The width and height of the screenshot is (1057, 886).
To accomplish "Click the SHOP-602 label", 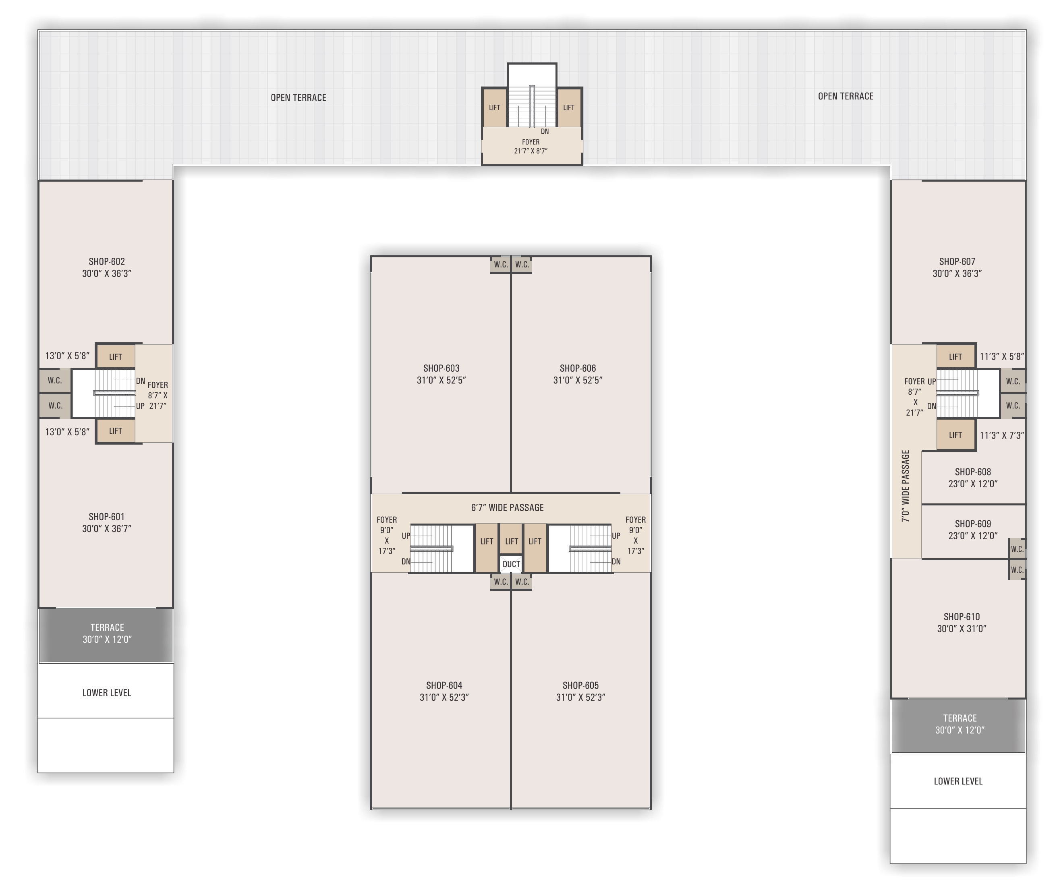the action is pyautogui.click(x=107, y=262).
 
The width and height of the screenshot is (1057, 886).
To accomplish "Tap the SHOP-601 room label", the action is pyautogui.click(x=107, y=517).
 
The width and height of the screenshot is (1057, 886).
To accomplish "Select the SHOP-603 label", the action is pyautogui.click(x=441, y=368).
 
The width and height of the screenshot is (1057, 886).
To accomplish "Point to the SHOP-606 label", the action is pyautogui.click(x=578, y=368).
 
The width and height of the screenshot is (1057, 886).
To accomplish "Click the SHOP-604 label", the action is pyautogui.click(x=444, y=685).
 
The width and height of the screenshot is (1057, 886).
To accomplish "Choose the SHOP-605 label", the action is pyautogui.click(x=580, y=685).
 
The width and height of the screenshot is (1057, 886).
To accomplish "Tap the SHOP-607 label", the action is pyautogui.click(x=957, y=262).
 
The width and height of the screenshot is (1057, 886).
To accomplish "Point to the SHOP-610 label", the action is pyautogui.click(x=962, y=617).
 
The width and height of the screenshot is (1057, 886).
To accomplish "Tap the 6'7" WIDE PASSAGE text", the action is pyautogui.click(x=508, y=508).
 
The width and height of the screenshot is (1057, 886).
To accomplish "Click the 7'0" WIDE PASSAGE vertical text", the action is pyautogui.click(x=906, y=486).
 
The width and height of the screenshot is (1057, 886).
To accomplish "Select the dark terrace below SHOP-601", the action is pyautogui.click(x=106, y=635).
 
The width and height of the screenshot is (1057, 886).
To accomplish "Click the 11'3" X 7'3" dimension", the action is pyautogui.click(x=1002, y=435).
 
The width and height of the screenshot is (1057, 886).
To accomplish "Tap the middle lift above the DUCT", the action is pyautogui.click(x=512, y=539).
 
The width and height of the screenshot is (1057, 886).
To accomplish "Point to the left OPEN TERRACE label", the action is pyautogui.click(x=298, y=97).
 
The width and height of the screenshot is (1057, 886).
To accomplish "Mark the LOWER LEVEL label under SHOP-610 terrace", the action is pyautogui.click(x=958, y=781).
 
